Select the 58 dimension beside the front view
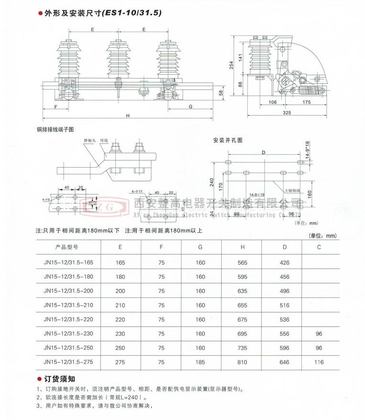tap(221, 93)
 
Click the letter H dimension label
tap(128, 115)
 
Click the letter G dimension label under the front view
tap(191, 106)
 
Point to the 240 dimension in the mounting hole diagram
tap(211, 182)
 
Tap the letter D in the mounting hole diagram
tap(263, 152)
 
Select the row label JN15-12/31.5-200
tap(68, 291)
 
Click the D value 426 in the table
tap(285, 262)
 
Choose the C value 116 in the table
tap(319, 363)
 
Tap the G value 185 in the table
tap(200, 363)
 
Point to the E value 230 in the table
tap(120, 333)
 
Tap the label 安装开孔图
tap(228, 140)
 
